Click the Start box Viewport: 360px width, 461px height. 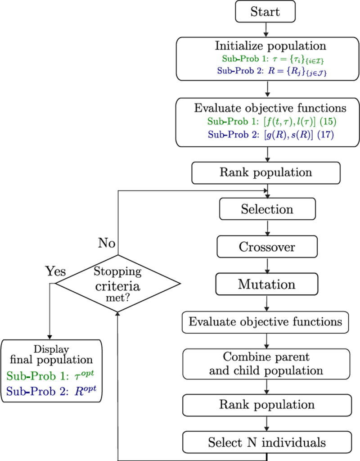pos(265,12)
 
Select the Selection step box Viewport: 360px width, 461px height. pos(267,209)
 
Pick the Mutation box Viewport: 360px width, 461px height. pos(267,285)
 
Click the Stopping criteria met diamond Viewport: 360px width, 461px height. pos(117,283)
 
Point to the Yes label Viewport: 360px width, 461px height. pos(55,271)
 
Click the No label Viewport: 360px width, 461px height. pos(108,244)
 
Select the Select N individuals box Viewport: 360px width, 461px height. pos(267,442)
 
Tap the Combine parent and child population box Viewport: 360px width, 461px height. pos(267,364)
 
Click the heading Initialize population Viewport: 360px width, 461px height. pos(266,46)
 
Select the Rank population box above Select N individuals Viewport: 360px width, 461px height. pos(267,405)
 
